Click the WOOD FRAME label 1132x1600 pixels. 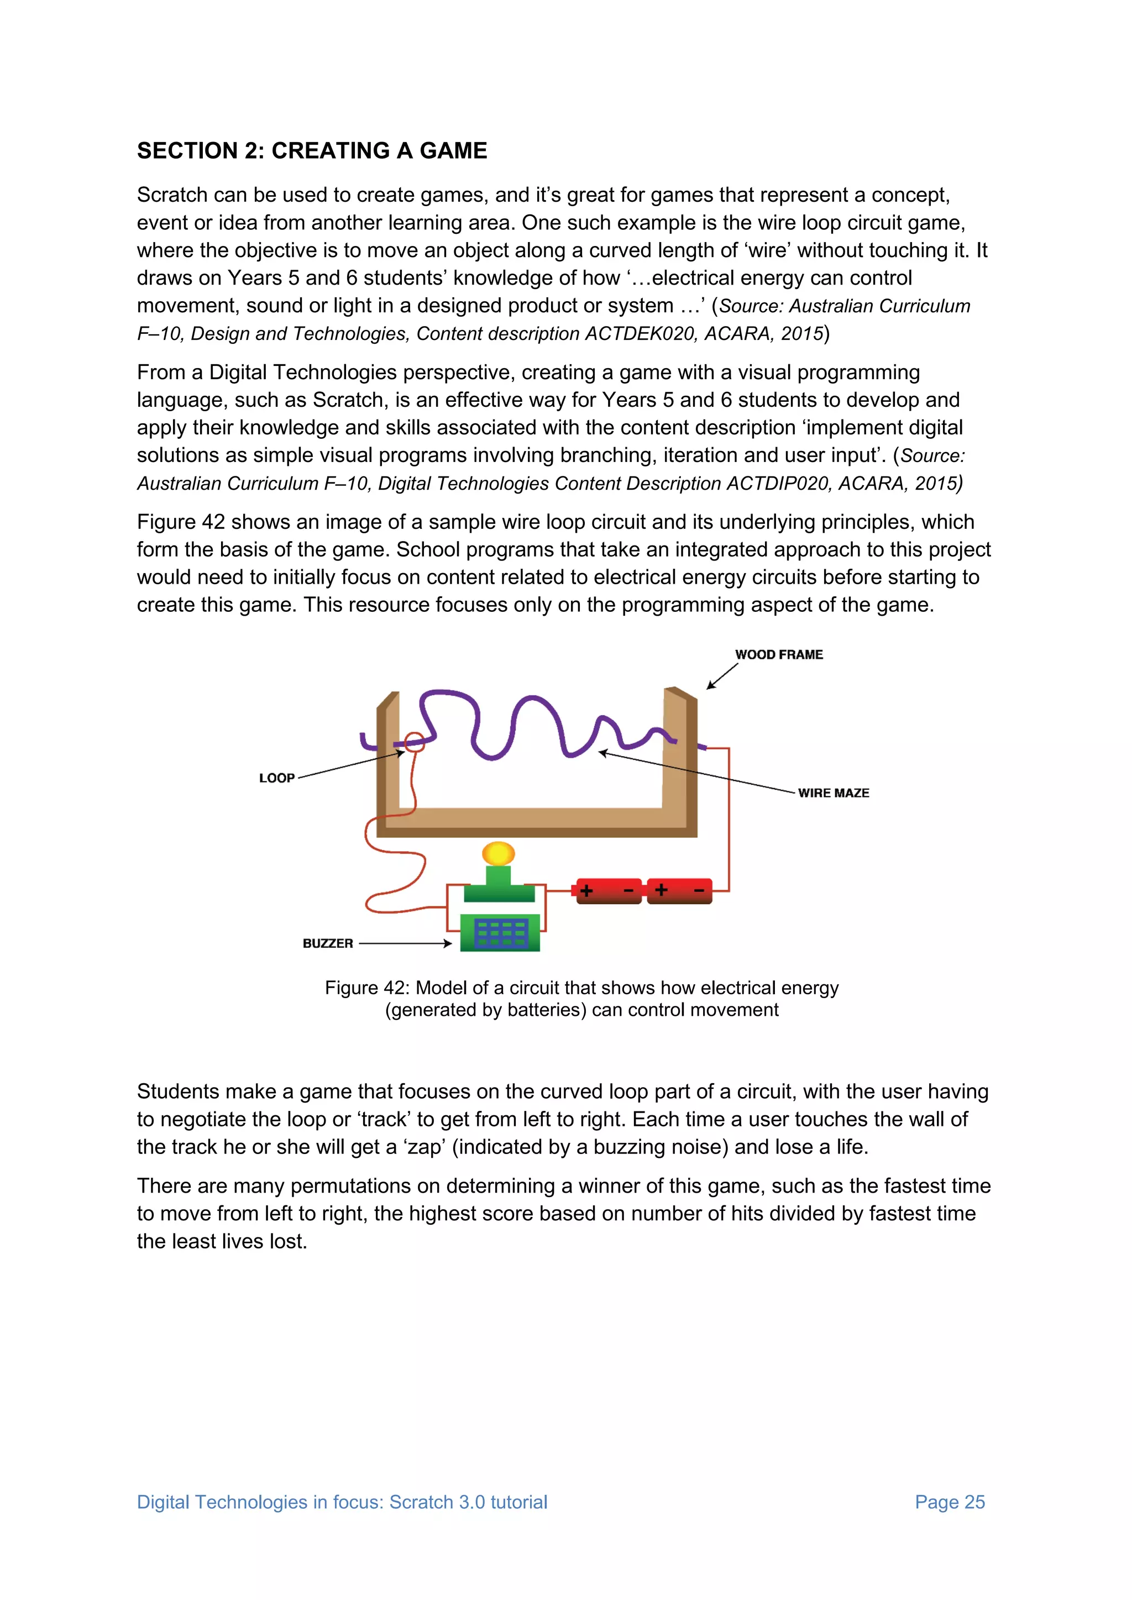[779, 654]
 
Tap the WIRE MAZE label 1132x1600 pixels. [833, 793]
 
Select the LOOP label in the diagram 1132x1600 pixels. [277, 778]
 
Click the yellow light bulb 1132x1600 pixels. [499, 853]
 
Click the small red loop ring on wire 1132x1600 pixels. [415, 742]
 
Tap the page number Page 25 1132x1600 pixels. [950, 1502]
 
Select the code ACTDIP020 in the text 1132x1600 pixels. [779, 484]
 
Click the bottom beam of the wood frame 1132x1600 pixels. [537, 822]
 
